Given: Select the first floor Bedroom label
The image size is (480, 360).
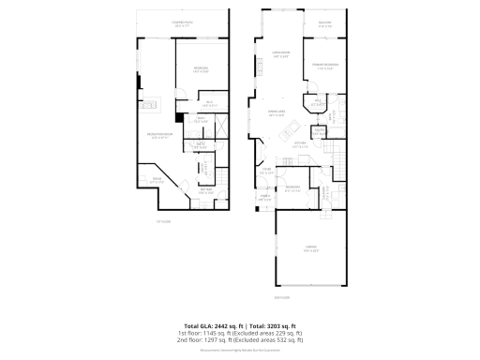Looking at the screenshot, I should pos(201,69).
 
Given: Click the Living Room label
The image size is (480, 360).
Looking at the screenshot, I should pos(280,54).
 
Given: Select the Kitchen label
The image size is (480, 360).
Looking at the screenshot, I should pos(300,146).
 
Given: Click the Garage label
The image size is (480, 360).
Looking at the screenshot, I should pos(312,249).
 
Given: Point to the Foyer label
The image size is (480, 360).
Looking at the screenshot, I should pos(266,171).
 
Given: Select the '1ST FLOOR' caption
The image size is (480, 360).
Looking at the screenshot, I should pos(163,221).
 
